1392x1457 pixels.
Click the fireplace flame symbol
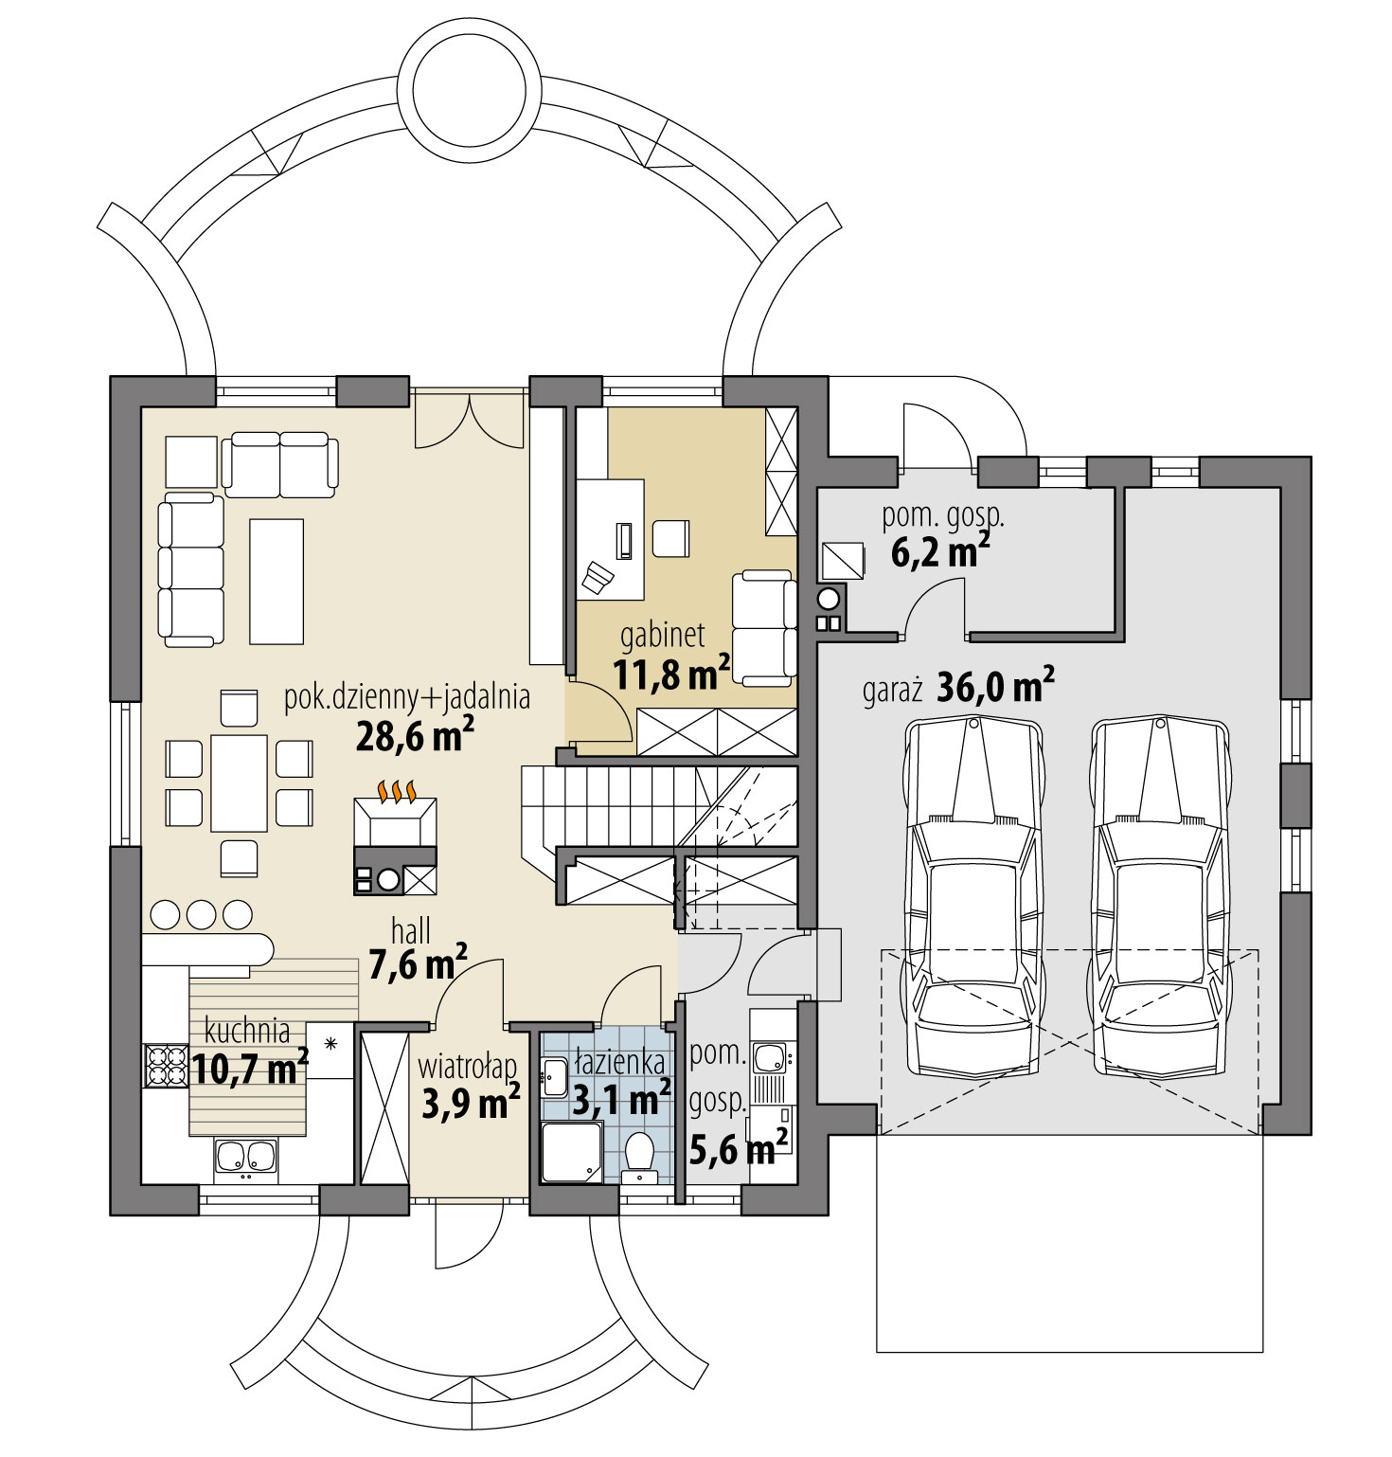pos(396,789)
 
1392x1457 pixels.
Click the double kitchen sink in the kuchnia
pos(246,1157)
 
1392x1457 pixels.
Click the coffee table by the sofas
pos(277,581)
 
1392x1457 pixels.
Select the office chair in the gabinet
pos(598,576)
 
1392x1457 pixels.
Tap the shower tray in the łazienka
pos(570,1152)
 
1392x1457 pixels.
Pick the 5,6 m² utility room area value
pos(739,1150)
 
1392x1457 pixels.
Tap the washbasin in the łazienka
pos(555,1077)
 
